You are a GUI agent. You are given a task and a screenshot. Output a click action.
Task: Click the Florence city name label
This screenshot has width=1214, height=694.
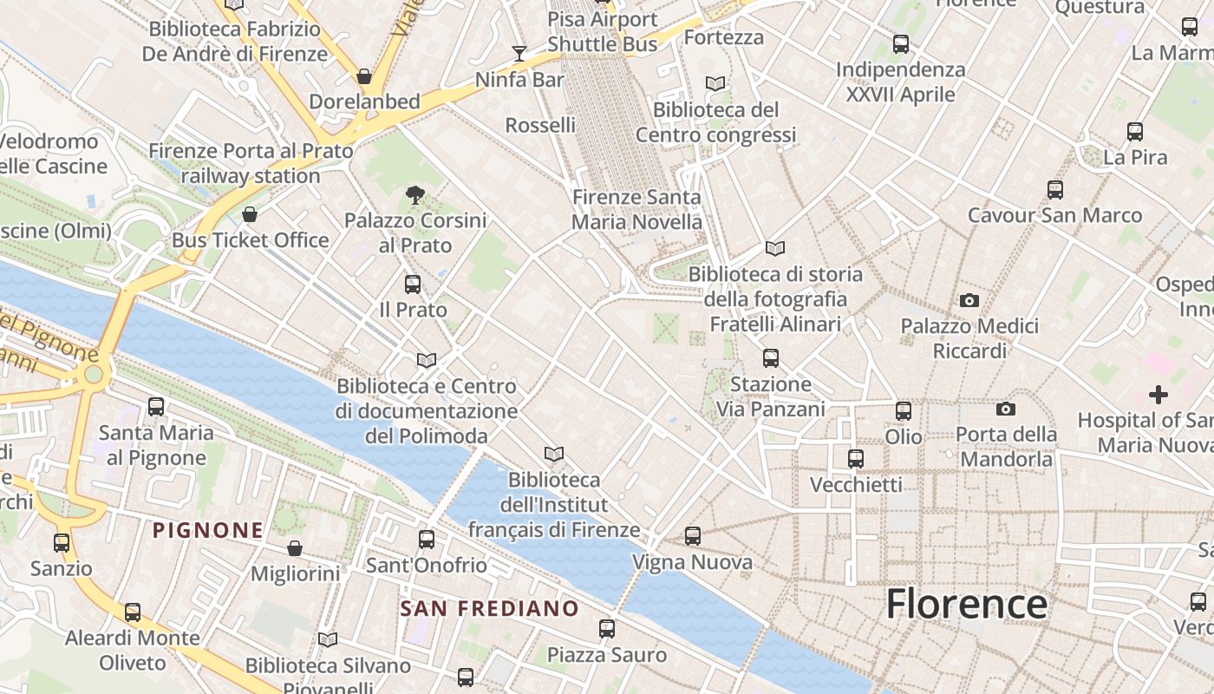click(966, 604)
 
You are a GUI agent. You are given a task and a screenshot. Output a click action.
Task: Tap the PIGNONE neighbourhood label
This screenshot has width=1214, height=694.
click(208, 530)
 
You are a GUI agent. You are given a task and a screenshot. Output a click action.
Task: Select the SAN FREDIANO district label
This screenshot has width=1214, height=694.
click(489, 608)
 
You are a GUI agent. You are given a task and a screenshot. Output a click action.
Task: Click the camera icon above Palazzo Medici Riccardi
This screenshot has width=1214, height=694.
click(969, 301)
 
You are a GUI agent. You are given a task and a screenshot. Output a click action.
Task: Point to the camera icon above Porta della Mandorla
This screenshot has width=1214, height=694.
click(1006, 409)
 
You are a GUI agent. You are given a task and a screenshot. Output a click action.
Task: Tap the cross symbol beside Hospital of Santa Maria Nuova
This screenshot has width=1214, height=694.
click(1159, 396)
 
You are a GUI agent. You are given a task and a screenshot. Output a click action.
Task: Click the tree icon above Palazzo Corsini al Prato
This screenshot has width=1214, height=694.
click(415, 195)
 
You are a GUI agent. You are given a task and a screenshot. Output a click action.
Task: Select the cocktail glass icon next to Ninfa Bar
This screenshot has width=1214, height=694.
click(519, 54)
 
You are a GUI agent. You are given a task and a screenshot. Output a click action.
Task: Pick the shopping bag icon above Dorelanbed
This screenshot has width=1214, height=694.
click(365, 76)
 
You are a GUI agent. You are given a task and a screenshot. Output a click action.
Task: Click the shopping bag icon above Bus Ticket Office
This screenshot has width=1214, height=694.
click(250, 214)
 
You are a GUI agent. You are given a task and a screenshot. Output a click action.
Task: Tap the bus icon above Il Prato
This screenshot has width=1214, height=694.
click(413, 284)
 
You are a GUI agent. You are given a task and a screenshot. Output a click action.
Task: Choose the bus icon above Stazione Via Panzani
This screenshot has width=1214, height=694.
click(770, 357)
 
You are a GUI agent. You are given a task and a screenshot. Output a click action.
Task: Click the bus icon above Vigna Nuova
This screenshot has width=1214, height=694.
click(692, 536)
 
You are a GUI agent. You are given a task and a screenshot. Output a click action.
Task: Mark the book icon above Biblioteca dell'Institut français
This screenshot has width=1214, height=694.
click(554, 454)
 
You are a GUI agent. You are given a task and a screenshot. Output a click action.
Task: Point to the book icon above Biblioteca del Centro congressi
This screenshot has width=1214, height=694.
click(715, 84)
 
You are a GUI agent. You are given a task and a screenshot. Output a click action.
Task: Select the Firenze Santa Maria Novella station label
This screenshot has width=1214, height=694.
click(637, 209)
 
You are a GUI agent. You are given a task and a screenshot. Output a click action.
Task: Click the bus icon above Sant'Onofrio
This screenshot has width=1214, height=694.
click(427, 539)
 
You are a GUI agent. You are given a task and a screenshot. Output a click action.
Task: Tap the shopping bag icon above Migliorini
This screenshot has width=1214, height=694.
click(295, 548)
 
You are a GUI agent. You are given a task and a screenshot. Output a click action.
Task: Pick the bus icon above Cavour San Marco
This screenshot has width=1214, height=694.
click(1055, 189)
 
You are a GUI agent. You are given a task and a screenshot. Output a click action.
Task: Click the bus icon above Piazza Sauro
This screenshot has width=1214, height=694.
click(607, 628)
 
